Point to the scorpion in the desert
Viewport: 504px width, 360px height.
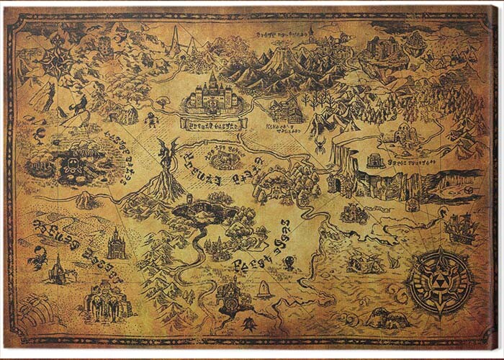coord(35,256)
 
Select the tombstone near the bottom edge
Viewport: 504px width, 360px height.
coord(264,289)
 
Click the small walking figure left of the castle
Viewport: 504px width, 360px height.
coord(150,119)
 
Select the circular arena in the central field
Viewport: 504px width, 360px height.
coord(225,158)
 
